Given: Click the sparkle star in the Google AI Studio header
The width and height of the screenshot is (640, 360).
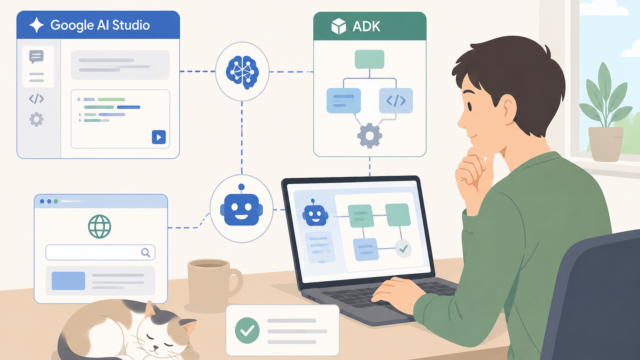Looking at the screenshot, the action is click(36, 25).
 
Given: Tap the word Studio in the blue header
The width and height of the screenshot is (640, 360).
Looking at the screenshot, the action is click(131, 25).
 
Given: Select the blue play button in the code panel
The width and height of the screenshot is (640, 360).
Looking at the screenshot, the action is click(159, 137).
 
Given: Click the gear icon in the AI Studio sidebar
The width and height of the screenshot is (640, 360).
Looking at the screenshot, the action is click(36, 120).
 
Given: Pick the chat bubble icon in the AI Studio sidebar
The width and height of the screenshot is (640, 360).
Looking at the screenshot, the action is click(36, 57).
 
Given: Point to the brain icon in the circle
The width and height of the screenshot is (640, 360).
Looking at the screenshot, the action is click(242, 72).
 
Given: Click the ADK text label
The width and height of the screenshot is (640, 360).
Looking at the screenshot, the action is click(366, 27).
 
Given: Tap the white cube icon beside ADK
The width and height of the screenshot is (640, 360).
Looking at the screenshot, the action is click(338, 27).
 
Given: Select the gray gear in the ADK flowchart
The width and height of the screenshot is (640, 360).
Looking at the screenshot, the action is click(370, 136).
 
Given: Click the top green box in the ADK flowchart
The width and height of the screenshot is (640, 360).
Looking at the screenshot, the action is click(369, 59).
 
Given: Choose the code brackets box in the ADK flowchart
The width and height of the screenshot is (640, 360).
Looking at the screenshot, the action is click(396, 100).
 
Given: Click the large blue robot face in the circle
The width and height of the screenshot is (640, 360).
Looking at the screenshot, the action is click(241, 207).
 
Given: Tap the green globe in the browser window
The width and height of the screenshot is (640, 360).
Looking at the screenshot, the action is click(100, 227).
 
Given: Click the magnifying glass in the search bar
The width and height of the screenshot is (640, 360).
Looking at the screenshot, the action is click(146, 253).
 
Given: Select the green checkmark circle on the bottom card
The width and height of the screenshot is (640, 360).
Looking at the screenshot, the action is click(247, 330).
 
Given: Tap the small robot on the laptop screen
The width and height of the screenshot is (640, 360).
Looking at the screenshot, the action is click(315, 213).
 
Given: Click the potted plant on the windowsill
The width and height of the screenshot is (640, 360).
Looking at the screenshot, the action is click(605, 113).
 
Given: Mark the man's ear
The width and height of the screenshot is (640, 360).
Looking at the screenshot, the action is click(507, 109).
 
